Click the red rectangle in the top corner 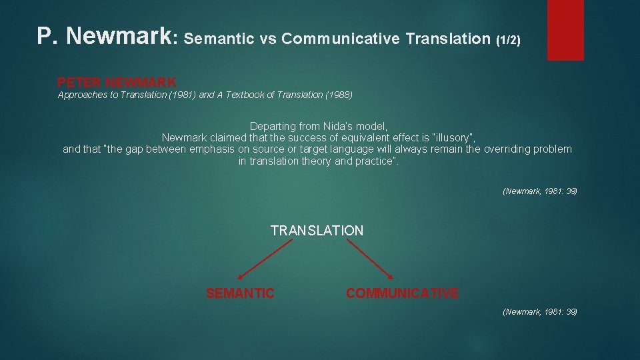[565, 30]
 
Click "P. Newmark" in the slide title [104, 37]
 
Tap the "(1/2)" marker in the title [508, 39]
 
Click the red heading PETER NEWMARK [117, 83]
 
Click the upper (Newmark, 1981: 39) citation [539, 191]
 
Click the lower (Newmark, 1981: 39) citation [539, 311]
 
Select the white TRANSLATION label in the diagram [317, 231]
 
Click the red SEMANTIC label [240, 293]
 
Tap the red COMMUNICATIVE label [402, 293]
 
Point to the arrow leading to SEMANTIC [265, 259]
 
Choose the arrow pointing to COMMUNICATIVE [371, 259]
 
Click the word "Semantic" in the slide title [219, 39]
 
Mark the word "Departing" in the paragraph [271, 126]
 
